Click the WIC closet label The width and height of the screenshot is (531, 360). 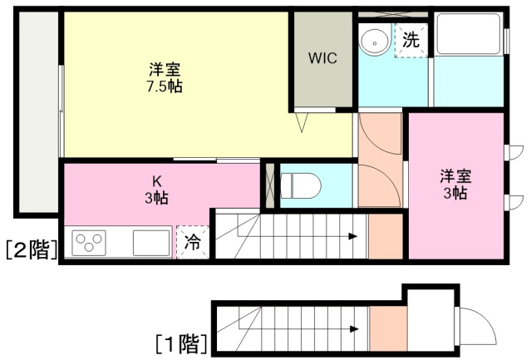(x=322, y=58)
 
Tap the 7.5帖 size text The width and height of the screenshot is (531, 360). (x=165, y=86)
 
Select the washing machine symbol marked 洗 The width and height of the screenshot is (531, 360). (x=411, y=40)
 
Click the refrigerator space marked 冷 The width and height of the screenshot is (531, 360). (x=192, y=243)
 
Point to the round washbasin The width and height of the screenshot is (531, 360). (x=375, y=42)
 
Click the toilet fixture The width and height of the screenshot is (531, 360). (x=301, y=185)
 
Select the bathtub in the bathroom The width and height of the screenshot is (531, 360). (x=469, y=33)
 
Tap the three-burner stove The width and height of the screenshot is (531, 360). (x=89, y=243)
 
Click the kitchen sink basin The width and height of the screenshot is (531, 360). (x=151, y=243)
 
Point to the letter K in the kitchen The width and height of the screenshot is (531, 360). (x=156, y=182)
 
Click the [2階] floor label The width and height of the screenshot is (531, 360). (x=32, y=249)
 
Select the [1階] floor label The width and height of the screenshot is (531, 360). (x=181, y=343)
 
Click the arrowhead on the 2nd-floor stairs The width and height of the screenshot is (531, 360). (x=353, y=236)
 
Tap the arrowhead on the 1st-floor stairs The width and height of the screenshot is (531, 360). (x=354, y=329)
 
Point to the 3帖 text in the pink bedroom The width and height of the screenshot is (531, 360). (x=456, y=193)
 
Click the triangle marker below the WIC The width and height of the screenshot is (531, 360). (x=302, y=122)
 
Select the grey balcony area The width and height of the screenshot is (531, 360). (x=38, y=111)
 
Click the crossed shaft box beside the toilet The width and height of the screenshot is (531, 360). (x=270, y=186)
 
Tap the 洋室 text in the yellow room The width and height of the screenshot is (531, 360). (x=165, y=70)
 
